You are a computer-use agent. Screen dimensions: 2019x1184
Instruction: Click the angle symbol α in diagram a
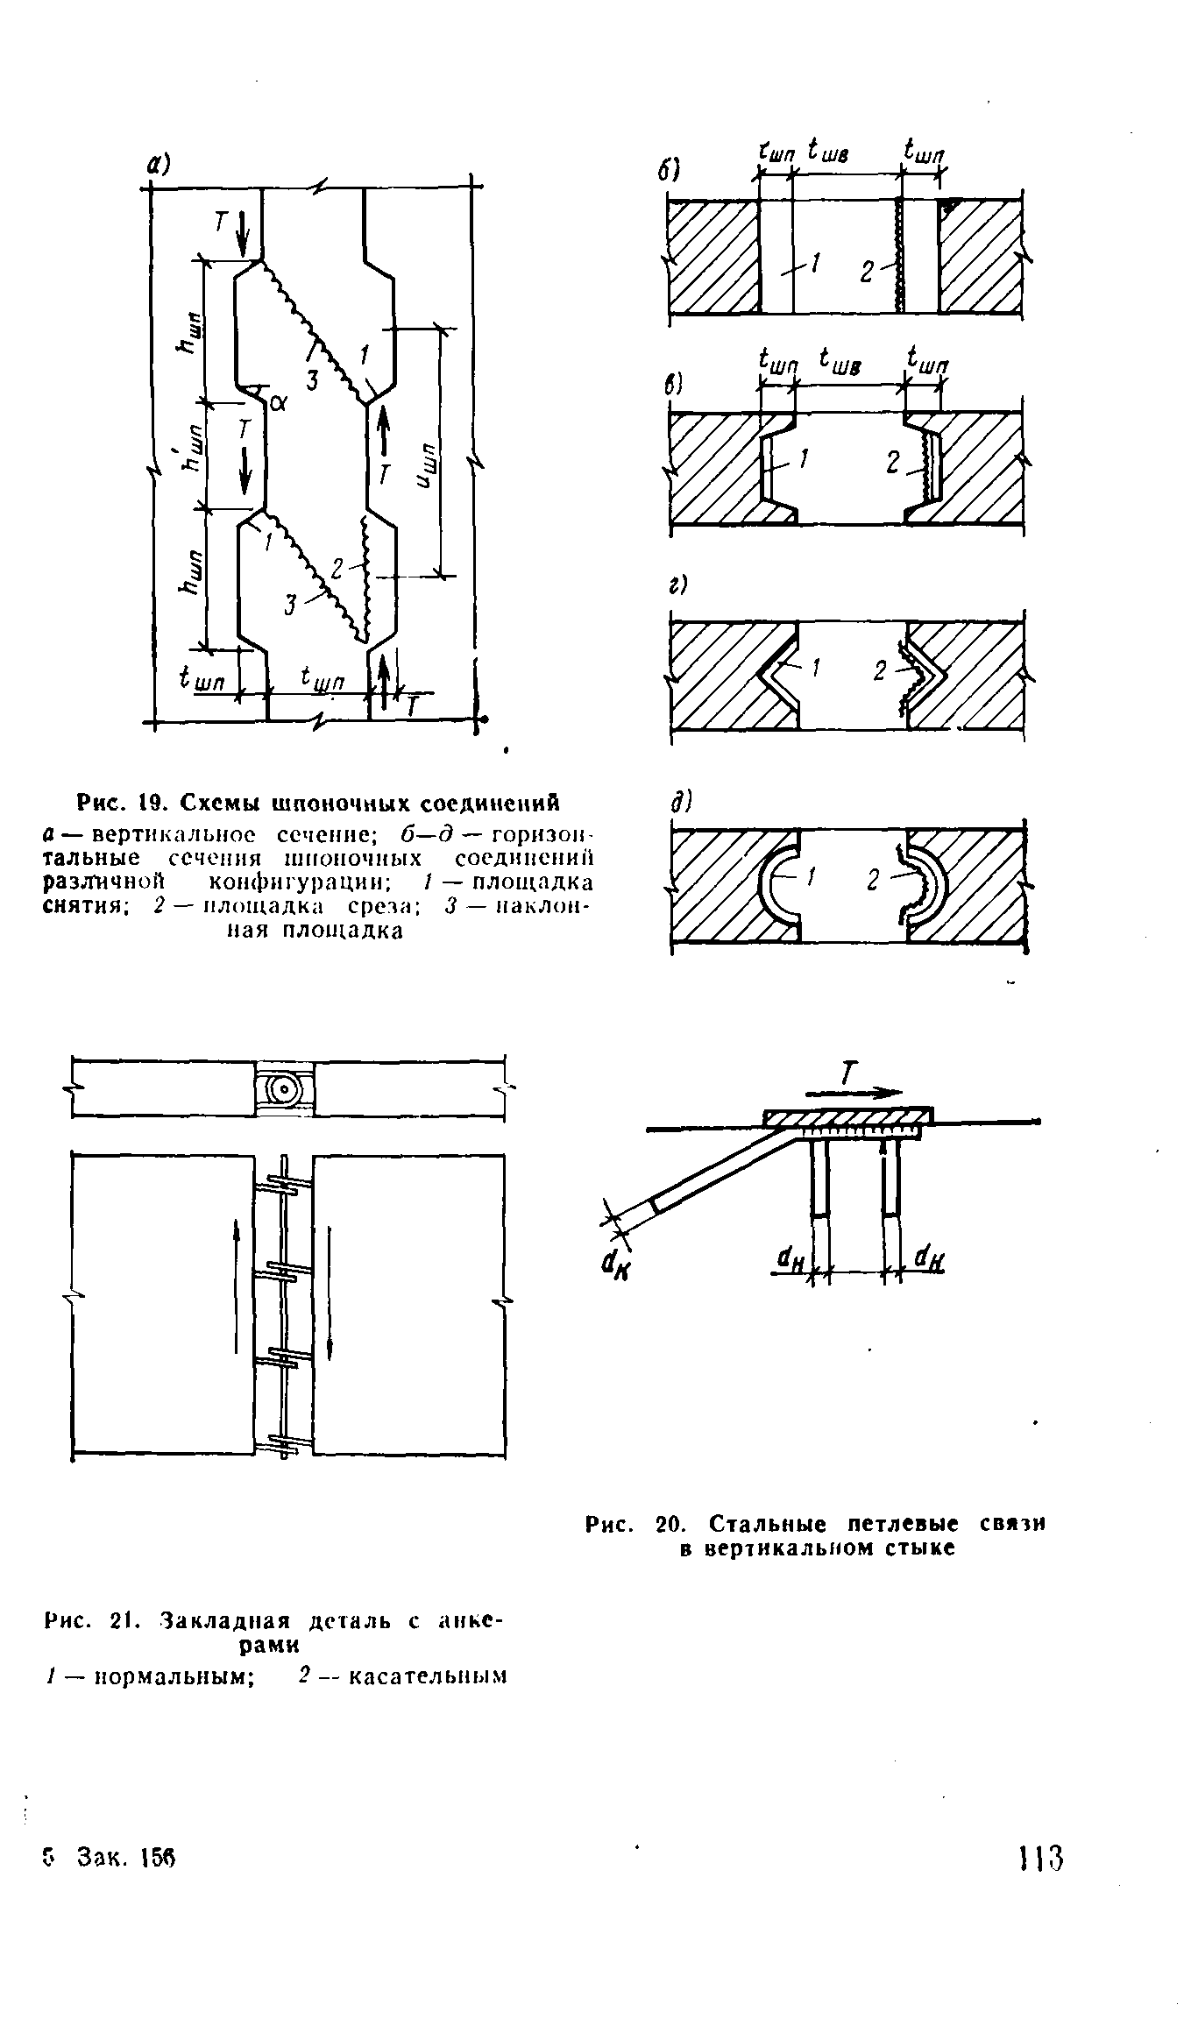tap(279, 402)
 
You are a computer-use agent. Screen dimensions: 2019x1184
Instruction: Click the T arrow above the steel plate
tap(853, 1084)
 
